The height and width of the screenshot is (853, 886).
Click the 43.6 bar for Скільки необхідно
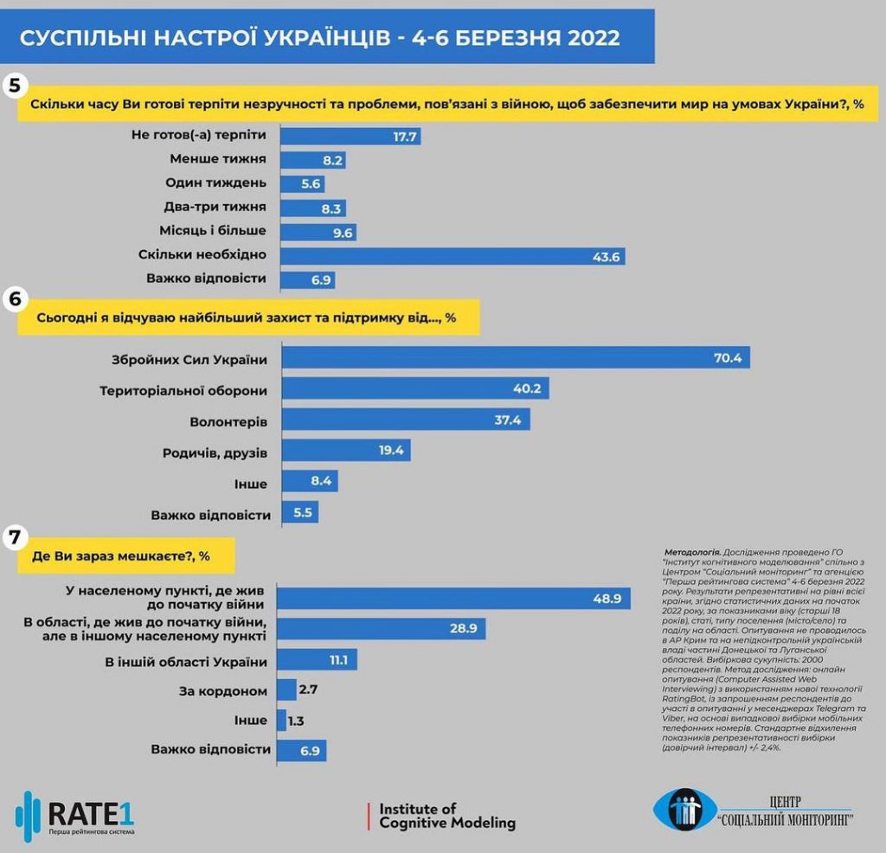[453, 256]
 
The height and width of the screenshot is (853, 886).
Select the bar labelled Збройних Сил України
[516, 357]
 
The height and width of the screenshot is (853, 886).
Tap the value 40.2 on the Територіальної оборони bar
[527, 388]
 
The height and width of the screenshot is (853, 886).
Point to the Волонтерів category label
[228, 422]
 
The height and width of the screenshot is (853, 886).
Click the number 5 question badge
[14, 86]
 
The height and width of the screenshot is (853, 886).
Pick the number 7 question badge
[15, 536]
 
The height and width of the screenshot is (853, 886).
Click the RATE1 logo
[75, 817]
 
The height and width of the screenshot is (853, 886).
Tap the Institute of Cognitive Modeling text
[447, 817]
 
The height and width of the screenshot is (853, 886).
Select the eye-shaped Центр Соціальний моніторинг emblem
[684, 810]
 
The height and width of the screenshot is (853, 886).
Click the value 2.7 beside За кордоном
[308, 689]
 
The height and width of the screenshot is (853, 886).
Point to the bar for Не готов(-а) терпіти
[350, 136]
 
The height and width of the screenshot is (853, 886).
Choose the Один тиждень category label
[215, 183]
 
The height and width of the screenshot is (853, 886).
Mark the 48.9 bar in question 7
[453, 599]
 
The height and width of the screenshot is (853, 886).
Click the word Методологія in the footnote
[692, 552]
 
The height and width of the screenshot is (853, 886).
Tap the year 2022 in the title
[594, 38]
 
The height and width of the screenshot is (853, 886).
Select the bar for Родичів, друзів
[346, 450]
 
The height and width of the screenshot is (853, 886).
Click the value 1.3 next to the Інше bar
[296, 721]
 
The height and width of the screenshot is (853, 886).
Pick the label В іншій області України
[186, 662]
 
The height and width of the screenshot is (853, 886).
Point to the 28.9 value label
[464, 628]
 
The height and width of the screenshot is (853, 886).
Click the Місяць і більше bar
[318, 232]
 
